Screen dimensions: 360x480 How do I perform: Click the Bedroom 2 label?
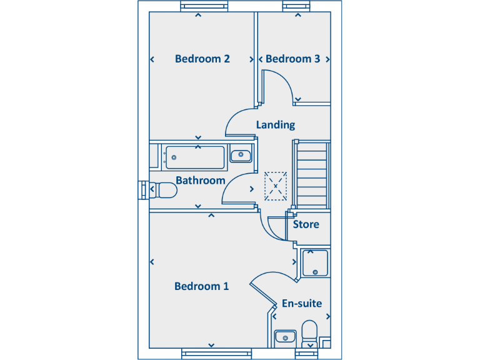[x=202, y=59]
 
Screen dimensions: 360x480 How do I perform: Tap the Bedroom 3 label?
[x=292, y=59]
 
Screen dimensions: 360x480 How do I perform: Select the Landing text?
[x=275, y=125]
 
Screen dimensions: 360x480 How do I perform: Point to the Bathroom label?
[x=200, y=181]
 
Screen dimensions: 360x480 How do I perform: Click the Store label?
[x=306, y=224]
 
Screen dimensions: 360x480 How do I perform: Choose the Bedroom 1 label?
[x=201, y=286]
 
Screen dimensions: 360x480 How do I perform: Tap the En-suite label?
[x=302, y=304]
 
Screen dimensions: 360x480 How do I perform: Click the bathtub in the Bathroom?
[x=193, y=156]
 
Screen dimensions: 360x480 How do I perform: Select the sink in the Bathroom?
[x=240, y=155]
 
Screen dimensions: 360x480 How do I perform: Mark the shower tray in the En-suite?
[x=316, y=262]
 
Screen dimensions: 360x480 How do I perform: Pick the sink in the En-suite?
[x=285, y=336]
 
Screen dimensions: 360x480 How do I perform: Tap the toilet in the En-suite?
[x=309, y=332]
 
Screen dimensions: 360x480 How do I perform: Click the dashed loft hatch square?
[x=275, y=186]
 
